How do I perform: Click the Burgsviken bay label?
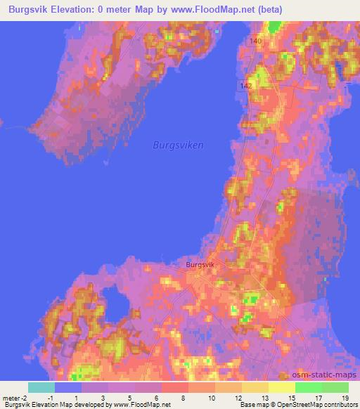pyautogui.click(x=178, y=145)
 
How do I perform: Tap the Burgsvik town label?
pyautogui.click(x=200, y=265)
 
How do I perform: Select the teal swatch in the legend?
pyautogui.click(x=41, y=387)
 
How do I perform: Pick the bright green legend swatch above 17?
pyautogui.click(x=309, y=387)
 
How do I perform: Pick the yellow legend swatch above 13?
pyautogui.click(x=255, y=387)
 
